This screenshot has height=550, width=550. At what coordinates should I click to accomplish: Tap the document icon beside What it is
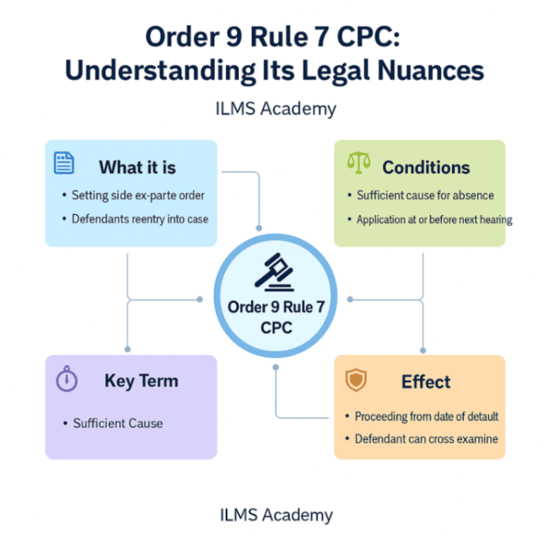64,164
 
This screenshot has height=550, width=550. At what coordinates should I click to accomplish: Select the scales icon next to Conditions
359,165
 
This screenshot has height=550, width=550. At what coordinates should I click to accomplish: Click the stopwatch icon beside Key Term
67,379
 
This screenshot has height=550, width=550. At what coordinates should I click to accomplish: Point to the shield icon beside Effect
355,380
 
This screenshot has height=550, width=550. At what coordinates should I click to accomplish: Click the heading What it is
137,167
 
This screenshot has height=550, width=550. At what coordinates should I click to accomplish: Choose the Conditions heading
426,168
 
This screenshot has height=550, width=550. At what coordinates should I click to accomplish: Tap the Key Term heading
141,381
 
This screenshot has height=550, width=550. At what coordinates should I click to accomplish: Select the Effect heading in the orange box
426,382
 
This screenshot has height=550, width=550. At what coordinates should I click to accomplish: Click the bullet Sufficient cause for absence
425,196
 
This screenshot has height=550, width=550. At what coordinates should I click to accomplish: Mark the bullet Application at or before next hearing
434,219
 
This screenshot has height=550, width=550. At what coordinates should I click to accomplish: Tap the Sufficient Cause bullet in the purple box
118,423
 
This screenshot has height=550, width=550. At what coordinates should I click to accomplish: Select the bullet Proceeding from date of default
426,416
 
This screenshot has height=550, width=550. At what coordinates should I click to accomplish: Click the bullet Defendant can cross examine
426,439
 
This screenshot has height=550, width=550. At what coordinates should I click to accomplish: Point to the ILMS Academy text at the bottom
276,515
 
